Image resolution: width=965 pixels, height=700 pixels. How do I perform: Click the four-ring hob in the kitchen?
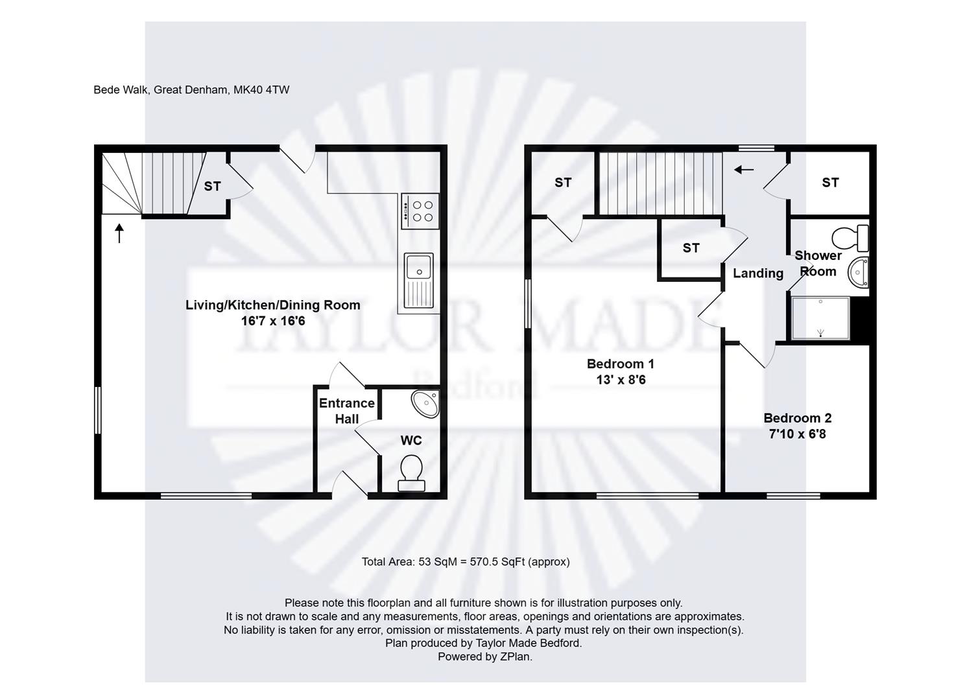420,211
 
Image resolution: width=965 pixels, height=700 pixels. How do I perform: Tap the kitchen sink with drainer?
419,281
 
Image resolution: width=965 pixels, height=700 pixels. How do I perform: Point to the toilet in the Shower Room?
850,238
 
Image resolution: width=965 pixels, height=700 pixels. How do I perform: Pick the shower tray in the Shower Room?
820,318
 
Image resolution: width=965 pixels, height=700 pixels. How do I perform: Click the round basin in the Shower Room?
859,272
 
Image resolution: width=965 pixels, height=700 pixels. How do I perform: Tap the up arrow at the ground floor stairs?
119,233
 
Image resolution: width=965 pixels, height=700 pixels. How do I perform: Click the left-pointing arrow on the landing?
744,170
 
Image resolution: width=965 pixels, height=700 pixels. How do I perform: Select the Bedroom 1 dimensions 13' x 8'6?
621,380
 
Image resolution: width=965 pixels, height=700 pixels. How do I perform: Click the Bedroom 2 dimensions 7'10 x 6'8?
798,434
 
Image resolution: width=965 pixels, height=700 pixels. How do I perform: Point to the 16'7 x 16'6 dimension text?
273,321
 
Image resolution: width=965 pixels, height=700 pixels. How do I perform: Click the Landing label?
758,274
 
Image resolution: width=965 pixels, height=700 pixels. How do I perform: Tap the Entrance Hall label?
347,411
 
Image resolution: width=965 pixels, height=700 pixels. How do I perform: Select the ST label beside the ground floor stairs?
212,186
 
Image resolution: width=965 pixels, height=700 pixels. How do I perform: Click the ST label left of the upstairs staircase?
563,183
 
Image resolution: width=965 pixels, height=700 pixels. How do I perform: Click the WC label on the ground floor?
411,440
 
